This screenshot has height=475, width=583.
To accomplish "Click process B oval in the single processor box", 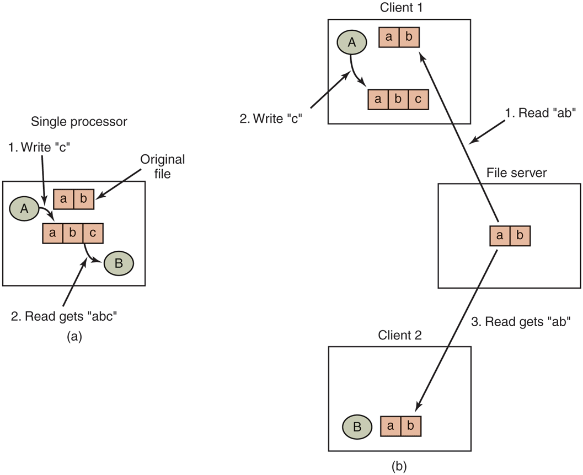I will click(x=119, y=263).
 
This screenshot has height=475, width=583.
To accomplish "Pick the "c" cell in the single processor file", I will click(x=93, y=233).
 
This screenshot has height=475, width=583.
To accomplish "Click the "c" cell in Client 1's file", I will click(x=418, y=100).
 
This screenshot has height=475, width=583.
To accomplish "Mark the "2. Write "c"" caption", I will click(x=270, y=118).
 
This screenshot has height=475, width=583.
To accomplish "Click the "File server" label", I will click(x=516, y=172).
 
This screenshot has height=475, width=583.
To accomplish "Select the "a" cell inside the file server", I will click(x=500, y=236).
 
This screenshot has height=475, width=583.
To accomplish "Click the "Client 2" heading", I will click(x=400, y=336).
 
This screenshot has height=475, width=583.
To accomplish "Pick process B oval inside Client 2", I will click(x=356, y=427).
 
